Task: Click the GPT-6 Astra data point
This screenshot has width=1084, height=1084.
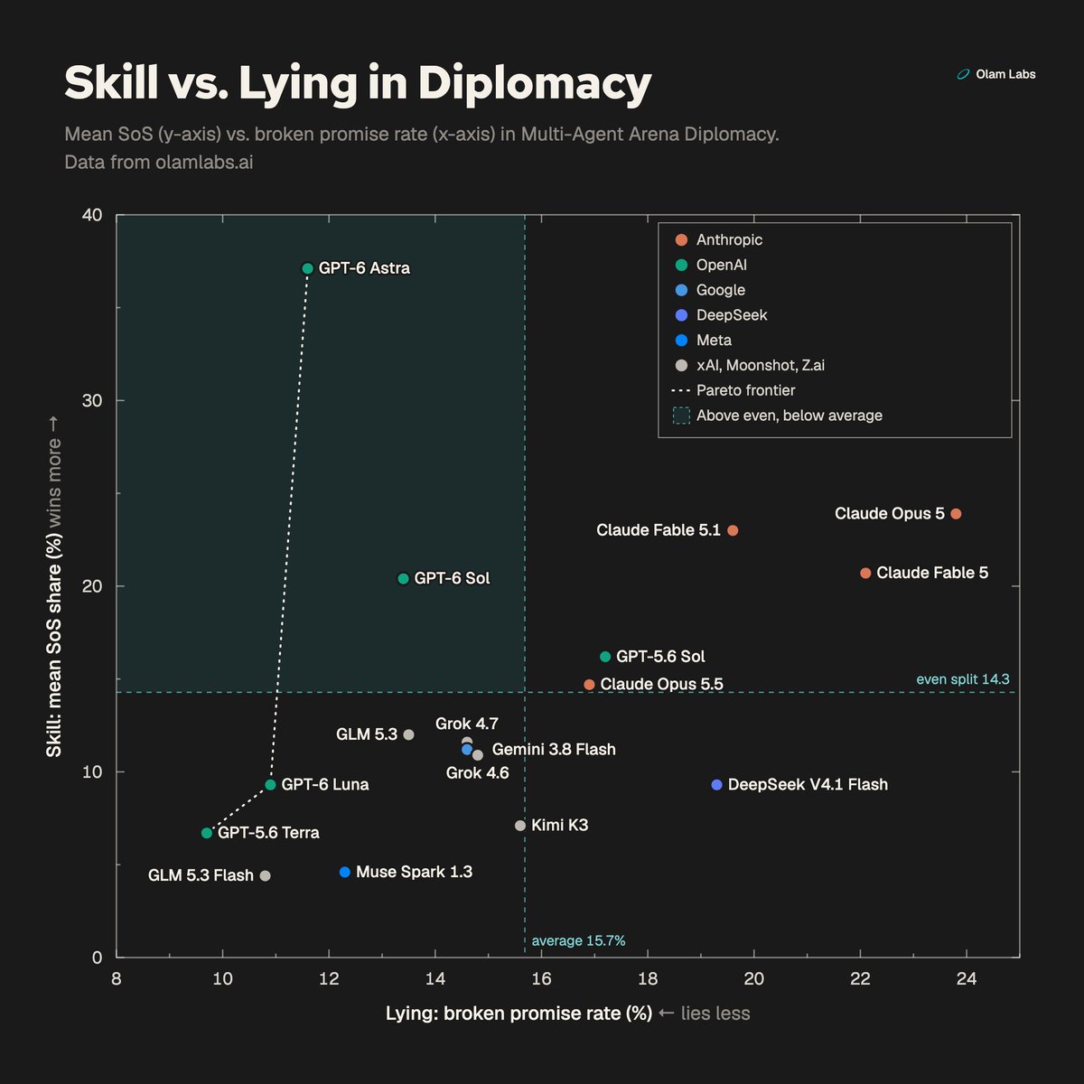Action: [308, 268]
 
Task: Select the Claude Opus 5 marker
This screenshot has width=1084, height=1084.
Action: [956, 514]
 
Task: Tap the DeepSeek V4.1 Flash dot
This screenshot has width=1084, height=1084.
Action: [716, 785]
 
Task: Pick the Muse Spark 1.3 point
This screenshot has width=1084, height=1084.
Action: [345, 872]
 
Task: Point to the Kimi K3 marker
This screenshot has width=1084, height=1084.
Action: [520, 826]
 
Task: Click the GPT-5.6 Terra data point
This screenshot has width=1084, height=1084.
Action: [207, 833]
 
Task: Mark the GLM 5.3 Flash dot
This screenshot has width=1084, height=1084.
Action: [266, 875]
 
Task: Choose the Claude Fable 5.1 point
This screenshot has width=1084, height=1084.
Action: [733, 530]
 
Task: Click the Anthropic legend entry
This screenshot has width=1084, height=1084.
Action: [718, 239]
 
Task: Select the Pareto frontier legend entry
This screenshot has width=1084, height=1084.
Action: [733, 390]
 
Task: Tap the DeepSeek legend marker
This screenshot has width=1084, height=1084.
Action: [681, 315]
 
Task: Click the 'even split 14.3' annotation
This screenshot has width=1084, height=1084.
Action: [962, 679]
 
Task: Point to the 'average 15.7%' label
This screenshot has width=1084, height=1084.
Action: [578, 940]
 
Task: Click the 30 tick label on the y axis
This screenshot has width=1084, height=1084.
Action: [92, 400]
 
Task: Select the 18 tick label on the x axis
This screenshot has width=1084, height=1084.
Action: [648, 979]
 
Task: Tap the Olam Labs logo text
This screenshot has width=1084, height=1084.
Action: [1005, 74]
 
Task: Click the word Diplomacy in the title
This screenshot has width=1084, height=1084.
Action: [535, 83]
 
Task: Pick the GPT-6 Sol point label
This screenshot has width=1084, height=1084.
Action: [452, 578]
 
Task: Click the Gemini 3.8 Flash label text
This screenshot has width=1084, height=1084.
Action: [554, 749]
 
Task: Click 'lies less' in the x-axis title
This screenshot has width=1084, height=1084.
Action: [715, 1014]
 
